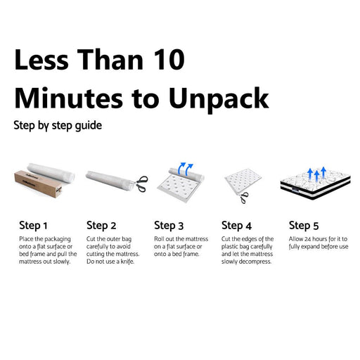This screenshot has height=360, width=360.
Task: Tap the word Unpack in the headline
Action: (x=219, y=99)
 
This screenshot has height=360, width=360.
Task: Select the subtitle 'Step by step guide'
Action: (x=58, y=126)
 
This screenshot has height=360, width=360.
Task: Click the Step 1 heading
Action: (x=33, y=226)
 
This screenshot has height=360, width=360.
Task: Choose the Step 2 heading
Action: (x=101, y=226)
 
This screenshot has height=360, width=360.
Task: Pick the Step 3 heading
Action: (x=169, y=226)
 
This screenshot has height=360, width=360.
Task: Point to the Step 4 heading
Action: (x=236, y=226)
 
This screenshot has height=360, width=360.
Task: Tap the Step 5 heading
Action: (x=304, y=226)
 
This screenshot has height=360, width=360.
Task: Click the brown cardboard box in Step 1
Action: (x=39, y=184)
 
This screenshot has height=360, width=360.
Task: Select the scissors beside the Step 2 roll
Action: (x=141, y=184)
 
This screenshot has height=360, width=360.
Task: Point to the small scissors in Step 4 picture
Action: (x=244, y=198)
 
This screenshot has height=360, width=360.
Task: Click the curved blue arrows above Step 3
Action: (x=186, y=169)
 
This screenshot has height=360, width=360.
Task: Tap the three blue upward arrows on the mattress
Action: (x=316, y=174)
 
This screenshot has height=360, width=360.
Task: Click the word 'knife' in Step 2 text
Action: (x=127, y=262)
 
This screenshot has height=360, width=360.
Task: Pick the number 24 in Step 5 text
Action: (x=308, y=239)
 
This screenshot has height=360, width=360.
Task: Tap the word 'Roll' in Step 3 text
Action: (x=159, y=239)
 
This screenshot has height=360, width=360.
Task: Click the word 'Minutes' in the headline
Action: (x=68, y=98)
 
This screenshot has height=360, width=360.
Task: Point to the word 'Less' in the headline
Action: (x=41, y=59)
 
